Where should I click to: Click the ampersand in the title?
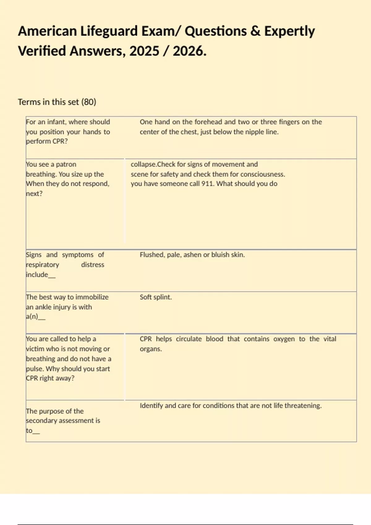[255, 31]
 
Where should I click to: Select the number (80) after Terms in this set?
[89, 102]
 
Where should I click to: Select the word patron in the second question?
[66, 164]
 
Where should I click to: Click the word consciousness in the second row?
[263, 174]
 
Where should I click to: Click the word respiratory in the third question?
[42, 265]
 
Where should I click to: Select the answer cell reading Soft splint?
[156, 297]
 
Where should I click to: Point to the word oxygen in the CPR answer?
[284, 339]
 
